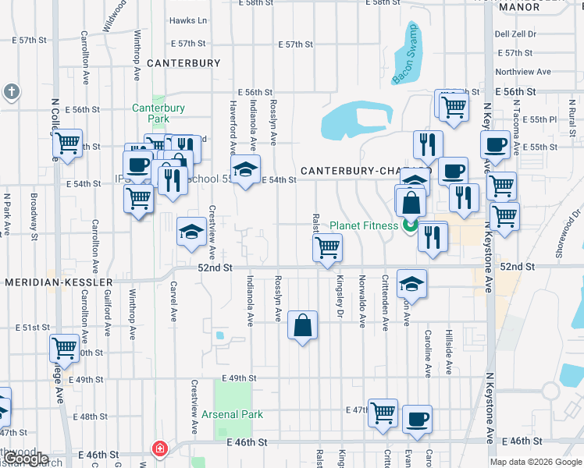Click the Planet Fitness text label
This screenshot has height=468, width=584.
[x=364, y=226]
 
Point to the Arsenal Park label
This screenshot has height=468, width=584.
[x=232, y=414]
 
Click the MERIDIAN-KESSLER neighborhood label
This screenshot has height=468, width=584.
[x=58, y=281]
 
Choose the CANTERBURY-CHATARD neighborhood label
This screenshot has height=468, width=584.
[x=365, y=171]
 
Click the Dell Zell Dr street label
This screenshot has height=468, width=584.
[x=515, y=34]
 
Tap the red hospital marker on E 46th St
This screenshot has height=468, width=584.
[x=159, y=449]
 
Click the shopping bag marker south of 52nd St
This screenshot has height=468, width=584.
[x=302, y=324]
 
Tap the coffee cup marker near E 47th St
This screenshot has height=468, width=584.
[x=417, y=418]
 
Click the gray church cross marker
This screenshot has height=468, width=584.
[x=11, y=92]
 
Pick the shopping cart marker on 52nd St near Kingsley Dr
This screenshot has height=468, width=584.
[x=327, y=248]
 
